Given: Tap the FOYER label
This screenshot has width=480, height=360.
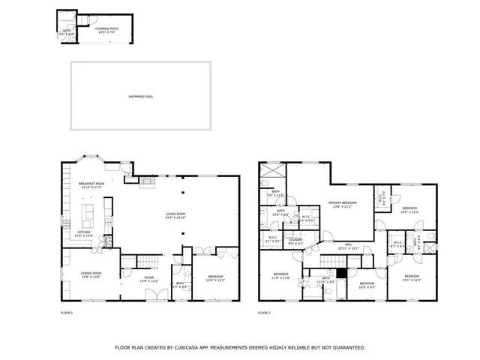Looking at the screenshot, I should coord(149,278).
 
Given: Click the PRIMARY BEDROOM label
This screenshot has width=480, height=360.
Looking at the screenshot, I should coord(341,204).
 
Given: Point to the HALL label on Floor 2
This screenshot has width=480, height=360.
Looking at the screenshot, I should coord(349,245).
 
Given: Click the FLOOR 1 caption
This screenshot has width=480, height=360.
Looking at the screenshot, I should coord(67,312).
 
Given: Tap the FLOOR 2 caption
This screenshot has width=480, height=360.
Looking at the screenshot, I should coord(264,312).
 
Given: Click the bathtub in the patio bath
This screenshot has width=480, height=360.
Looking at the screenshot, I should coord(64,20).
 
